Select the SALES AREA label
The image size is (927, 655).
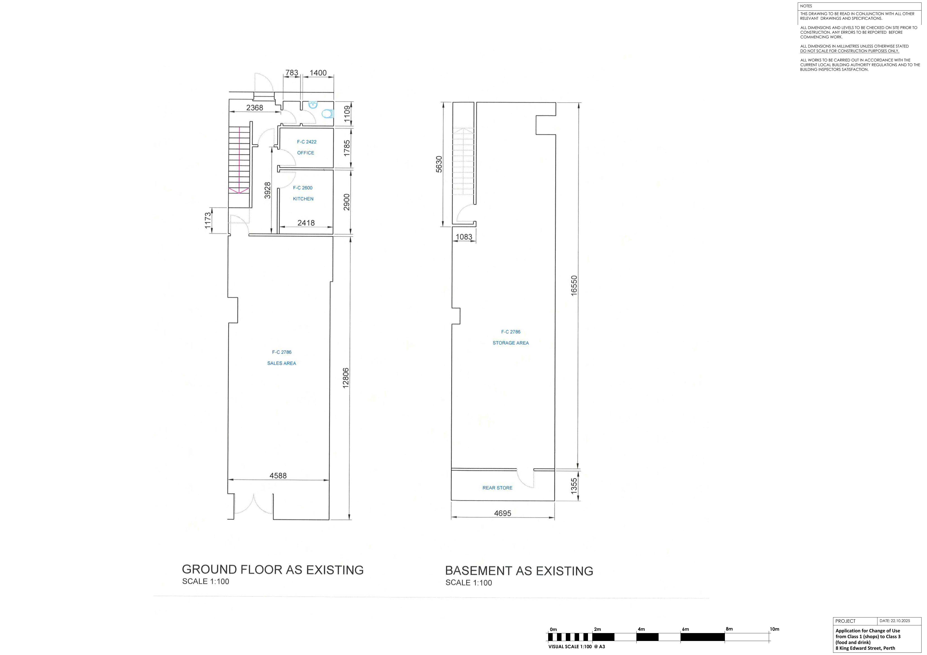point(281,363)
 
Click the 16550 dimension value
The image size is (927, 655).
point(574,286)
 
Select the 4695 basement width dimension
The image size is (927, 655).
point(503,513)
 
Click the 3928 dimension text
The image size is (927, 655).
point(267,190)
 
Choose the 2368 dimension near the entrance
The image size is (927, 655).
point(255,108)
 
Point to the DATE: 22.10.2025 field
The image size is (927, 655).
point(895,621)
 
